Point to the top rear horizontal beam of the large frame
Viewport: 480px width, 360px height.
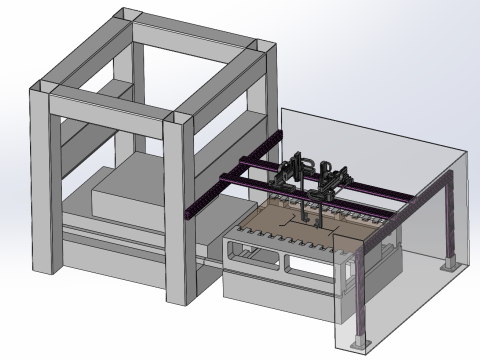click(x=195, y=28)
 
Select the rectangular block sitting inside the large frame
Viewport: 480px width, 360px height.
click(x=125, y=195)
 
